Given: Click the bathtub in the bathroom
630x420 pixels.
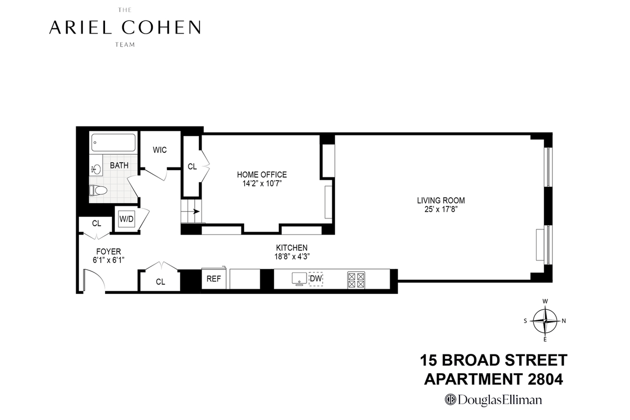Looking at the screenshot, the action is pos(113,143).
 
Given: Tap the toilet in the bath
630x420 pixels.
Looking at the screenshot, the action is pos(98,190).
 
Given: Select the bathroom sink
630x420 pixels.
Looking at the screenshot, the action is pos(97,170).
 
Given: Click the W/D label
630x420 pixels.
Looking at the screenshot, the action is pos(127,219).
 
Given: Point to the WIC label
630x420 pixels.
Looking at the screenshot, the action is pos(160,150).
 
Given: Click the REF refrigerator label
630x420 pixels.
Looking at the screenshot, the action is pos(214,279).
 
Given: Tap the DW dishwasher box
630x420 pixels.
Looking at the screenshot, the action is pos(316,279).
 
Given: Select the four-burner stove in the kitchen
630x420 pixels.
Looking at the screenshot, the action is pos(356,280).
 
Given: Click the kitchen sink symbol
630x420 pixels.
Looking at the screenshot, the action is pos(299,279).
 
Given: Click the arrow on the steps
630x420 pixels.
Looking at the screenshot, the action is pos(196,212).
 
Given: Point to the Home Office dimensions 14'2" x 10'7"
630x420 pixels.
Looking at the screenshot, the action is pos(262,184).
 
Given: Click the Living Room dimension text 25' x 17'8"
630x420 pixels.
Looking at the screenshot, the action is pos(441,209).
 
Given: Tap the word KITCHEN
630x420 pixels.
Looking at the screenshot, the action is pos(292,248).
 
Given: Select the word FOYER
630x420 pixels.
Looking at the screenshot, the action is pos(109,251).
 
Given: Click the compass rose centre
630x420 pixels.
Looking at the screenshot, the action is pos(545,321).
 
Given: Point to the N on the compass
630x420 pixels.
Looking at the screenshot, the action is pos(564,321).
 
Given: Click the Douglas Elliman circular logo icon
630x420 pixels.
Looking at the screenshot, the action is pos(450,400).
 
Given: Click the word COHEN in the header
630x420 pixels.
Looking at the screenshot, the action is pos(161,27).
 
